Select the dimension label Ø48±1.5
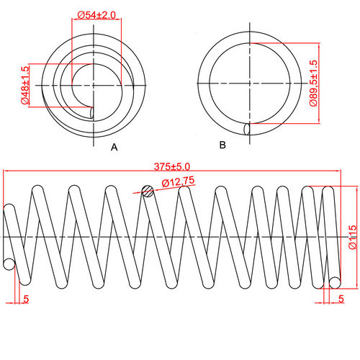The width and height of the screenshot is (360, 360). [25, 86]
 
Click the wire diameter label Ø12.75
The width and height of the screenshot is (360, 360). [177, 182]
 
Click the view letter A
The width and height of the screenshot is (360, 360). [113, 147]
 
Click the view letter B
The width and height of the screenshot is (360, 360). [222, 145]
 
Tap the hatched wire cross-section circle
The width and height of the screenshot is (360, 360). [148, 191]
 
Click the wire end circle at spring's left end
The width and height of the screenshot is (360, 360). [9, 264]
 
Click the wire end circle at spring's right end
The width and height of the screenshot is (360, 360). [335, 279]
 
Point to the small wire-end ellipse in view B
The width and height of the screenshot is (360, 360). [248, 129]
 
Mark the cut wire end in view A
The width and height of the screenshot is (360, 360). [91, 112]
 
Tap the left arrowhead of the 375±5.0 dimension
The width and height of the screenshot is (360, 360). [6, 171]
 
